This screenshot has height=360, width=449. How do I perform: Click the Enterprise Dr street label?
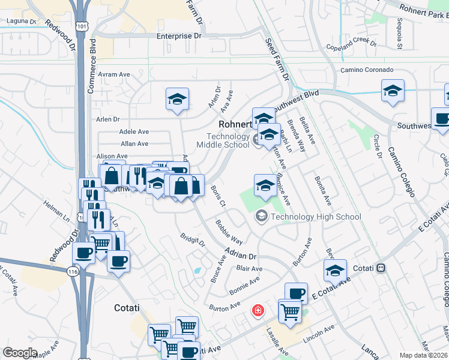click(179, 36)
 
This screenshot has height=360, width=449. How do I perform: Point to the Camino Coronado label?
click(367, 70)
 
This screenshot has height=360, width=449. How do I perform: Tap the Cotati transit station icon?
click(379, 268)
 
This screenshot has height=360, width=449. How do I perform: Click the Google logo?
click(20, 353)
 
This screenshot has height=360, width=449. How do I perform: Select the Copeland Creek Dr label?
click(351, 46)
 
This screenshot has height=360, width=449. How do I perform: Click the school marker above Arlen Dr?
click(177, 100)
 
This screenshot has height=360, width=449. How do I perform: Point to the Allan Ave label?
click(134, 143)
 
